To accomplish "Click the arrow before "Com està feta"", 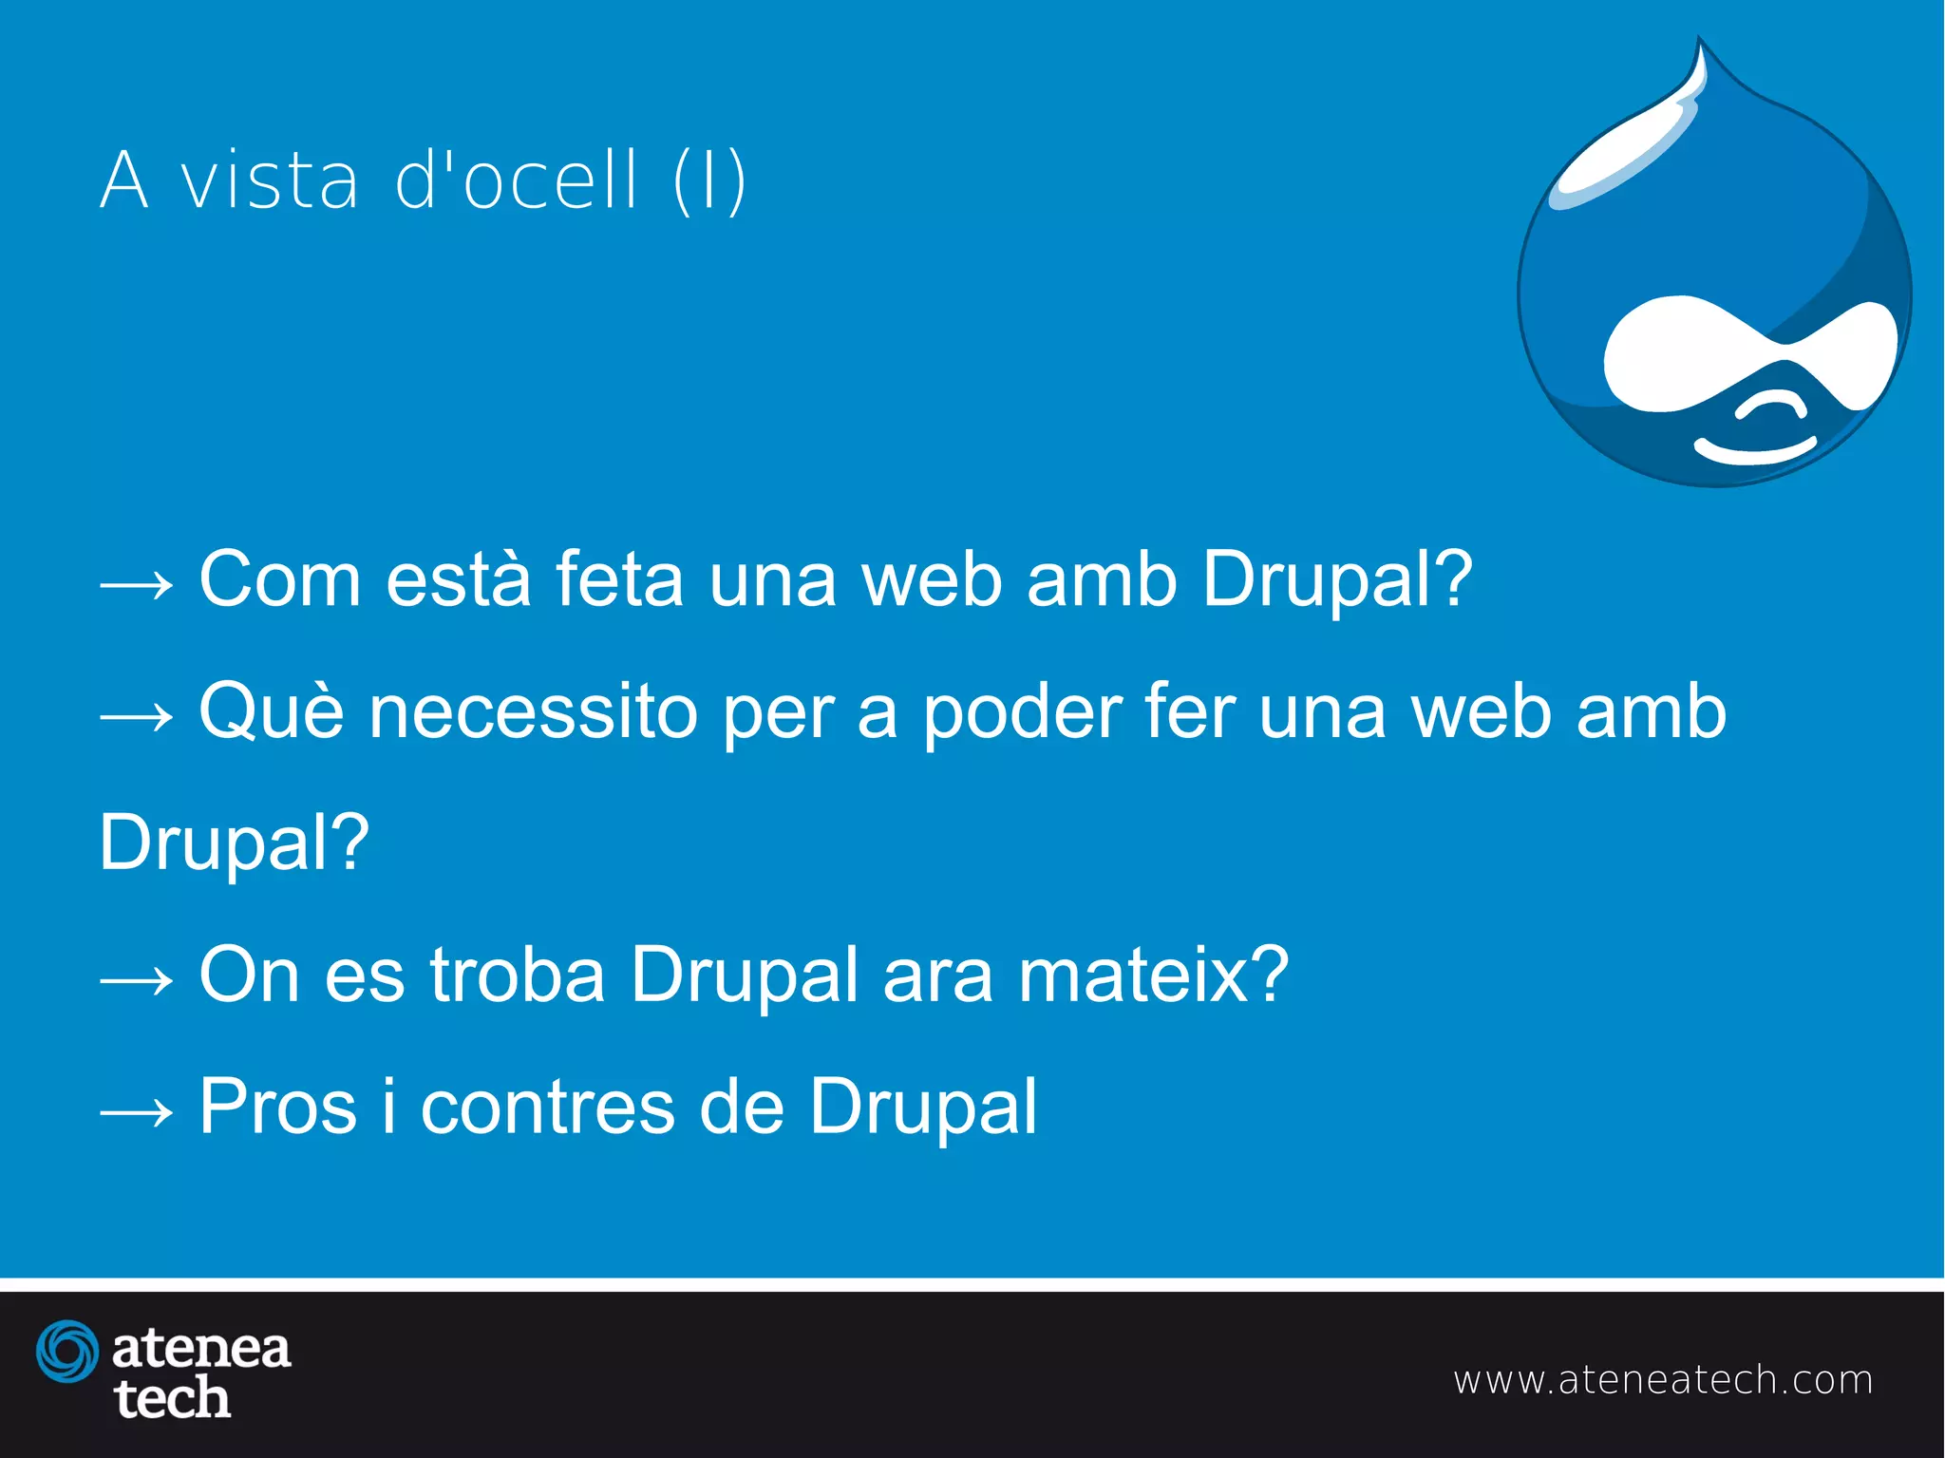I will [x=137, y=584].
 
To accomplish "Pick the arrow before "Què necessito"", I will [x=137, y=717].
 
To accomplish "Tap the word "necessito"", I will [x=534, y=712].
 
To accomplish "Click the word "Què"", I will [x=272, y=711].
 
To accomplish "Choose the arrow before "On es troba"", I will [x=137, y=980].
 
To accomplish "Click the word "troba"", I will [x=518, y=975].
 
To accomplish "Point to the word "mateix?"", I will [x=1153, y=975].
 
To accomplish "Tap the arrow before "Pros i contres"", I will [x=137, y=1112].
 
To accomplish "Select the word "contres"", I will [x=549, y=1108].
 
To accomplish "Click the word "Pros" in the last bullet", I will [x=277, y=1107].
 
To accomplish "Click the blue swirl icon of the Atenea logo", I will [x=67, y=1351].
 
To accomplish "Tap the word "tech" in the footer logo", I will [x=172, y=1399].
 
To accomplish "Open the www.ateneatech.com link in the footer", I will [x=1663, y=1380].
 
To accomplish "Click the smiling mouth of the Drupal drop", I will [x=1755, y=450].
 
